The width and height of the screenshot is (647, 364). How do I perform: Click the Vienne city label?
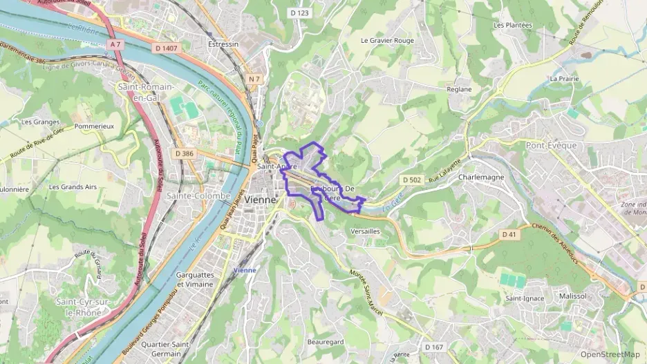[260, 199]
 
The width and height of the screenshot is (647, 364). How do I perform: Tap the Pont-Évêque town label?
[551, 146]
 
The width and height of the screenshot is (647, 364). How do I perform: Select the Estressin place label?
[223, 44]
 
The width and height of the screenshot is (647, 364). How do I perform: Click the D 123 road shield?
[299, 13]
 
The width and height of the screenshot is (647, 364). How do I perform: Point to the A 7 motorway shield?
[115, 44]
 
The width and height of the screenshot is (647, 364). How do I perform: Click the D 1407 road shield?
[167, 48]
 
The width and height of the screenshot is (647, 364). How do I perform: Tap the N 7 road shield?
[254, 79]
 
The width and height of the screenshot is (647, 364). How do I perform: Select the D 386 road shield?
[184, 153]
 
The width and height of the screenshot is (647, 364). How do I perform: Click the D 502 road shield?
[411, 180]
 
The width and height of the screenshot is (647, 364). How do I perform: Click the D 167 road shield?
[433, 347]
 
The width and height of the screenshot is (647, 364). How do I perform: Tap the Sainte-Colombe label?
[198, 195]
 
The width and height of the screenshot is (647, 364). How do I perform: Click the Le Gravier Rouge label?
[387, 40]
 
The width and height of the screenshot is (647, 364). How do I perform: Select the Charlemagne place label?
[481, 177]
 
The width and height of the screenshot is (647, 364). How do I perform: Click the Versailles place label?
[366, 231]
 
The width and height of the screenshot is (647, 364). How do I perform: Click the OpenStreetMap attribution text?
[610, 354]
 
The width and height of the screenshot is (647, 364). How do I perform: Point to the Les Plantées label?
[513, 25]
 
